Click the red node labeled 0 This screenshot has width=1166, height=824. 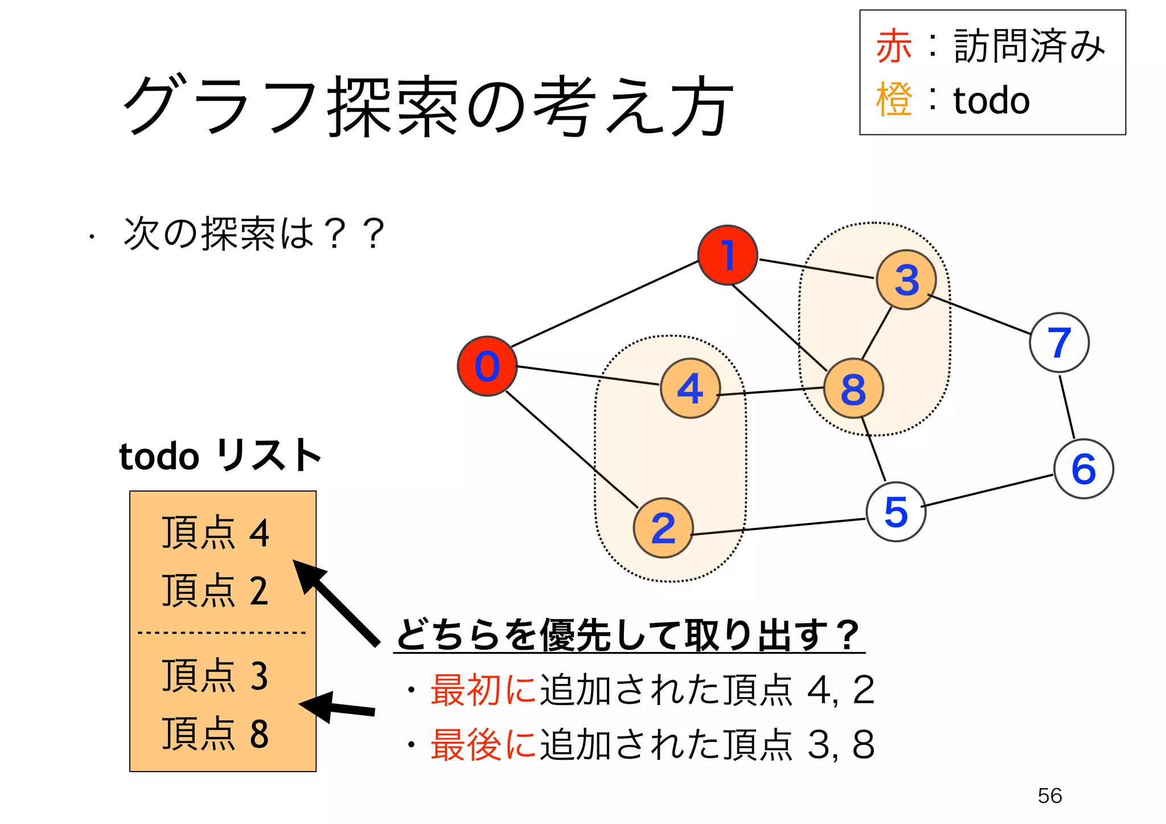[x=487, y=366]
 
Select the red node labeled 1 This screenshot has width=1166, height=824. [x=728, y=255]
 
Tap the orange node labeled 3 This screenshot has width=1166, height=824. [x=906, y=280]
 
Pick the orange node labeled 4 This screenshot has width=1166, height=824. [x=691, y=388]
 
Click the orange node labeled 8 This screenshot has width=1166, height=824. [x=853, y=389]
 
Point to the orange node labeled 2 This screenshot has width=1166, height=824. [x=663, y=528]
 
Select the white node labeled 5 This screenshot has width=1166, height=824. [x=896, y=511]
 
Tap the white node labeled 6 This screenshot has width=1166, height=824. [x=1083, y=469]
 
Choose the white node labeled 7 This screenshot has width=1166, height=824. [x=1059, y=342]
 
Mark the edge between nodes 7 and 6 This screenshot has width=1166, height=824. [x=1067, y=406]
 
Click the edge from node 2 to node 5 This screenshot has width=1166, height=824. [x=778, y=527]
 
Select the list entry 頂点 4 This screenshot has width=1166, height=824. [x=215, y=532]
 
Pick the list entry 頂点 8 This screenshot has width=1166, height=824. [x=215, y=733]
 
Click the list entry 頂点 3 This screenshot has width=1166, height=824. [x=215, y=676]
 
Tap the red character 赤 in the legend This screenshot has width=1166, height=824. [x=894, y=47]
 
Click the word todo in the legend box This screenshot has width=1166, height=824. [x=991, y=101]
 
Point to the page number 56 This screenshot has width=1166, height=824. [x=1049, y=796]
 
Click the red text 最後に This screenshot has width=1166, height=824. [x=483, y=744]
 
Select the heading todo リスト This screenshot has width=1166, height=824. [x=220, y=456]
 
